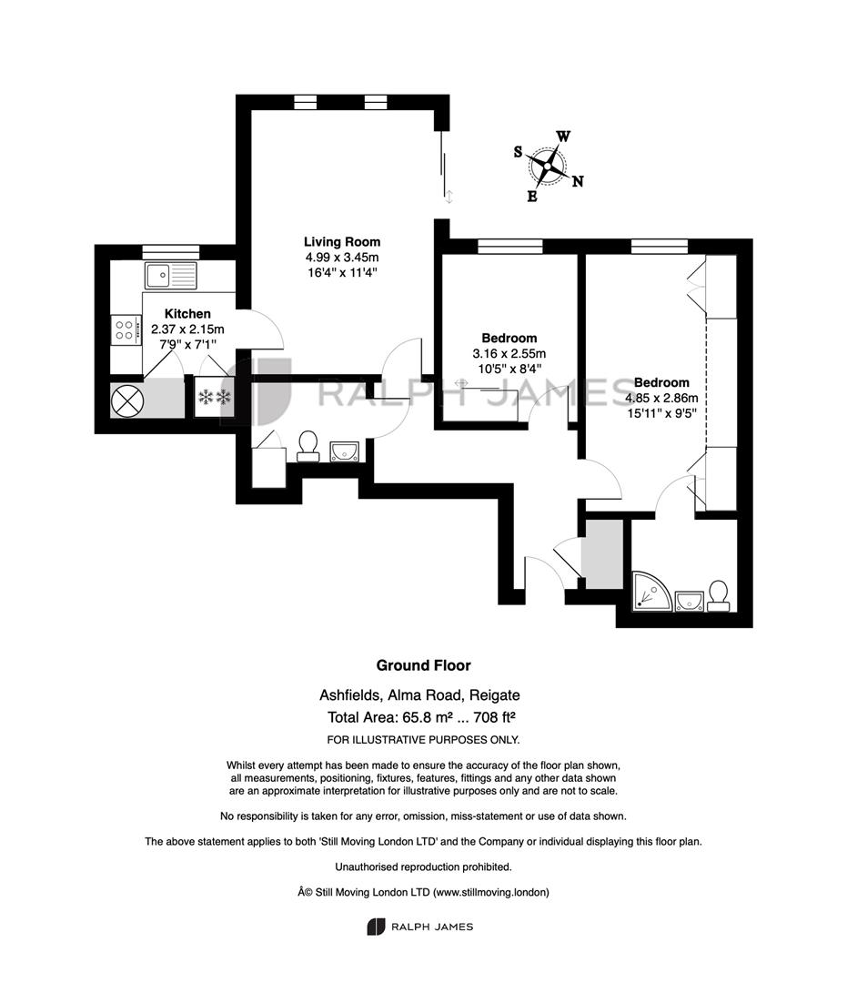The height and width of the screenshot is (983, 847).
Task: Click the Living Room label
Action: click(342, 242)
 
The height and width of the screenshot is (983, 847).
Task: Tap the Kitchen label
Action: click(187, 313)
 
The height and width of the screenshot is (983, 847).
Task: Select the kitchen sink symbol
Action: click(170, 276)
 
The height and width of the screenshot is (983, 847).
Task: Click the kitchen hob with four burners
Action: click(125, 330)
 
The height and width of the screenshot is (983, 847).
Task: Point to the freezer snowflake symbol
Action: click(215, 397)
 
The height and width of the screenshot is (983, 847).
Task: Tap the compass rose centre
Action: click(549, 167)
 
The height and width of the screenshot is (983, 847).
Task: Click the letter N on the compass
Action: click(578, 181)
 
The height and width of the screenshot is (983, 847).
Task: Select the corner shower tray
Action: click(651, 591)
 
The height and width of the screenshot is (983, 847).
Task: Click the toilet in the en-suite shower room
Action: click(718, 596)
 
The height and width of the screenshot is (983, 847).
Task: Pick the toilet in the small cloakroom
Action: click(307, 446)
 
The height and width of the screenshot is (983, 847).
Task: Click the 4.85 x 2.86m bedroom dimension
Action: click(661, 398)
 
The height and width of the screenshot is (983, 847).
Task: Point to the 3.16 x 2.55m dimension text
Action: click(509, 353)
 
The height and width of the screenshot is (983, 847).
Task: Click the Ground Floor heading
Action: click(424, 665)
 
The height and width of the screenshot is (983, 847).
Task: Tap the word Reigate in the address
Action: click(494, 695)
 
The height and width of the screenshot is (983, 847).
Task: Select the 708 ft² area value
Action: click(495, 717)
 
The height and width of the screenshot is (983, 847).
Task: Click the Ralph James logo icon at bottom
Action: click(375, 927)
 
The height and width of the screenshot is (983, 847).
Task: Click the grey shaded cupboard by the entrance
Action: click(602, 553)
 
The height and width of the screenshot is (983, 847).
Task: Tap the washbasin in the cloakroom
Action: click(344, 451)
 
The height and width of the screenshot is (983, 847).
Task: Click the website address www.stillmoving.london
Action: click(489, 892)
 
